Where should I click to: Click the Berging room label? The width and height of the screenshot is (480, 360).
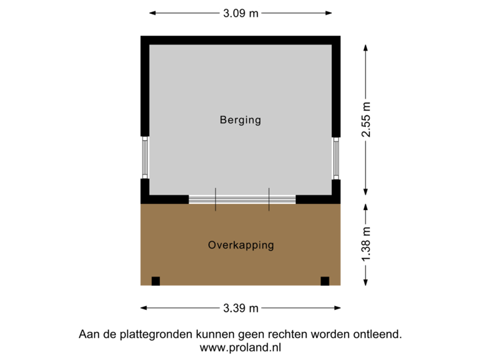240,121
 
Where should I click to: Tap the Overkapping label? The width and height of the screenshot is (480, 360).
241,245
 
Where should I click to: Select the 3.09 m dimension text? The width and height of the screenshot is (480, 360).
240,12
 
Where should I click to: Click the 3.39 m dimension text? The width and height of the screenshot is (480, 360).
240,308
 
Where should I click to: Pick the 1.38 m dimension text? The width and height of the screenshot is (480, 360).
365,245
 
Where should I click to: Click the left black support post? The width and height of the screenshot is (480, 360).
155,281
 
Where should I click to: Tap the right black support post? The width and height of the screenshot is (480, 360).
325,281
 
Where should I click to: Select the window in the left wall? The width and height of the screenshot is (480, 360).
144,157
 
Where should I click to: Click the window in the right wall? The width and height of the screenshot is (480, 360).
337,157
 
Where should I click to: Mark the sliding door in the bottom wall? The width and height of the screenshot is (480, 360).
242,199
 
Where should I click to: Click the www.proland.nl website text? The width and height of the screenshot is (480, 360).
240,347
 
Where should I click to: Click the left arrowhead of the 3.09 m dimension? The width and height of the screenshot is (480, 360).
151,12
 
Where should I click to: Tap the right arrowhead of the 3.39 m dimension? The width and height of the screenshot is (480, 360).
339,308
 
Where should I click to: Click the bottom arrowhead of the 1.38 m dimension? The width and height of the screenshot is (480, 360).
365,283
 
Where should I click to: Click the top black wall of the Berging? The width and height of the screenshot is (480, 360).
240,40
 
